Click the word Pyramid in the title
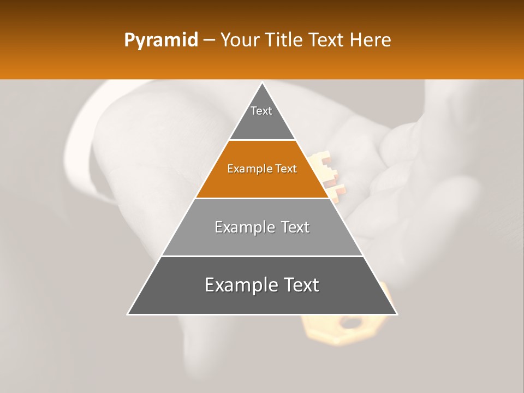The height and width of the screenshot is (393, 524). point(160,40)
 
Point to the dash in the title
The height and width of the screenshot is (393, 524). point(209,40)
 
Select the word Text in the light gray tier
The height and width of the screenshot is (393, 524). point(294,227)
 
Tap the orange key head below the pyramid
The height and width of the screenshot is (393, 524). point(349,327)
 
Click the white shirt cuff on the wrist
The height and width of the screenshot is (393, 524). point(87,147)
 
